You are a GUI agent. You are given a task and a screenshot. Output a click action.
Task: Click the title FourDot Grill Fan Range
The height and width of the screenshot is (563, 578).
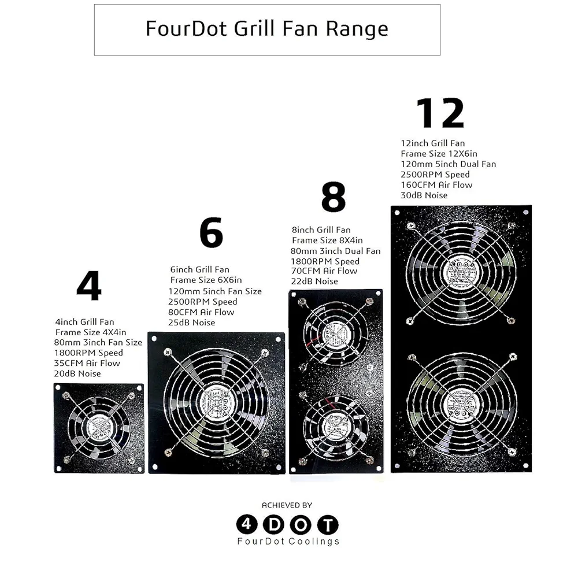point(267,29)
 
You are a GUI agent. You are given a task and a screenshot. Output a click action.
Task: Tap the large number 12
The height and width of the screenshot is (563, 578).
point(440,113)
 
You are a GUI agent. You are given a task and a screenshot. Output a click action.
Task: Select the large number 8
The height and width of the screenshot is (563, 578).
point(334,197)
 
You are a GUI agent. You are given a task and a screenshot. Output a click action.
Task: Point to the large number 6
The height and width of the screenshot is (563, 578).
point(211,232)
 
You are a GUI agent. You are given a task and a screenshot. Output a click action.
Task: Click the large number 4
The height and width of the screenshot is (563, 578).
point(89,286)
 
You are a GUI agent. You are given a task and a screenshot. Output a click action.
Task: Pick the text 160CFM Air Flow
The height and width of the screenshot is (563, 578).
point(436,185)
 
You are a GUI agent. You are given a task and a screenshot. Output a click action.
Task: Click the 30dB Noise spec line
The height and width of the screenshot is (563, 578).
point(424,195)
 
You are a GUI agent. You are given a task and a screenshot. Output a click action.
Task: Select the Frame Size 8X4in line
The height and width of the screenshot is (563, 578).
point(327,240)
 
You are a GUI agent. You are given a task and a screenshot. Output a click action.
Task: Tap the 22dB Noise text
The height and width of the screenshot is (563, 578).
point(314,281)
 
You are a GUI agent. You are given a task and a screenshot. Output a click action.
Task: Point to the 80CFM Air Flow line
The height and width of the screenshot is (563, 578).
point(201,312)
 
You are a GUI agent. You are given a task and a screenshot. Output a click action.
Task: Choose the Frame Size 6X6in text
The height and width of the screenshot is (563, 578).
point(206,280)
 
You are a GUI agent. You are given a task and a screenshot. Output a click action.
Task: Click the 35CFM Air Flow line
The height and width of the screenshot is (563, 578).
point(87,363)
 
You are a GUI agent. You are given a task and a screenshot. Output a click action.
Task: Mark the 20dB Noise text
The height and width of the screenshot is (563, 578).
point(77,373)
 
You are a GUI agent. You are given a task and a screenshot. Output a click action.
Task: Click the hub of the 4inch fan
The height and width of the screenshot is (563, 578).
point(99,428)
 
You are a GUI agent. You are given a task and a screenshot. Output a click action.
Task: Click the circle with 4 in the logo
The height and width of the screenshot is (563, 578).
point(247,525)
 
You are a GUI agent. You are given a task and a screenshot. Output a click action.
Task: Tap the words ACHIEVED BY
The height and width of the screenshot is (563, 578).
point(287,505)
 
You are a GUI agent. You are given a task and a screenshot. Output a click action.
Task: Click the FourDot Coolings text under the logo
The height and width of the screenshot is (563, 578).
point(288,541)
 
